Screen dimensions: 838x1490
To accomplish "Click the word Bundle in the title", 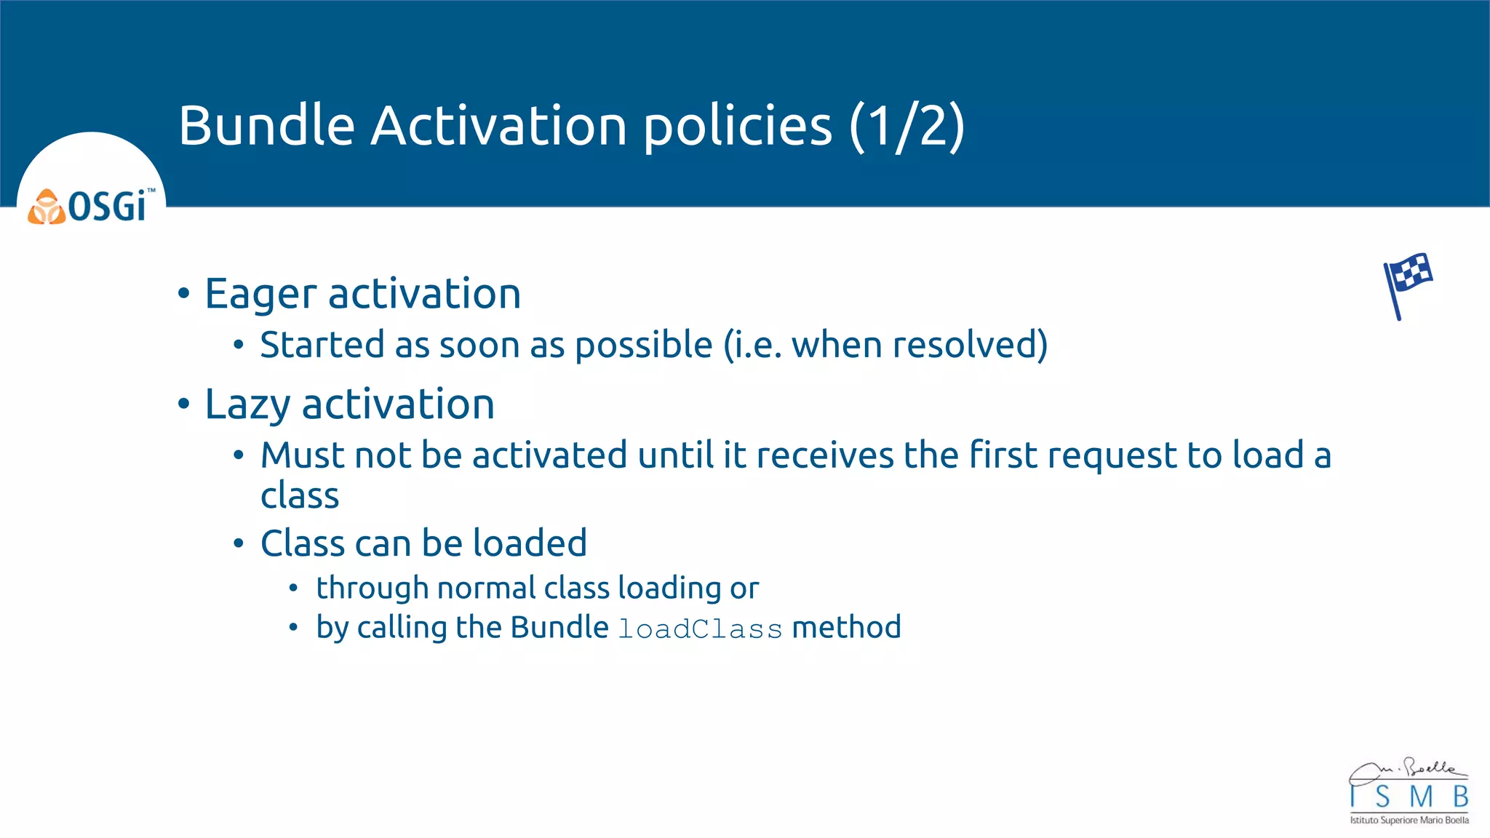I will point(266,125).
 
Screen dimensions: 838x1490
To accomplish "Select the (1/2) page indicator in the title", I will point(907,127).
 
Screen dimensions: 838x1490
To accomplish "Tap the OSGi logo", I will point(92,207).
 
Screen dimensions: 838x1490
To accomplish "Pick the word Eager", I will point(261,295).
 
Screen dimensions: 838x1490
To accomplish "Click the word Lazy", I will point(247,405).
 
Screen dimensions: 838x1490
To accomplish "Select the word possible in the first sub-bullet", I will point(643,345).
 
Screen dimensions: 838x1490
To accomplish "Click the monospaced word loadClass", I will point(700,628).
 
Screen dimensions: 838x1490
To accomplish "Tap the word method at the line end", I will point(846,627).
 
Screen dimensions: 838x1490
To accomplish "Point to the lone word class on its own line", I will point(300,496).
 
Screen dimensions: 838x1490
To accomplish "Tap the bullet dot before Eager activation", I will point(184,294).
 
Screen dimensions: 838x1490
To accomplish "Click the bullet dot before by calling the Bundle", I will point(293,627).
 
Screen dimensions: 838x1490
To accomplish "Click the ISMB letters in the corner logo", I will point(1409,797).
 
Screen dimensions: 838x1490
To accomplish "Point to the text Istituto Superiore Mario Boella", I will point(1409,821).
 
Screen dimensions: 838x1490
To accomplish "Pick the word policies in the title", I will point(738,127).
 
